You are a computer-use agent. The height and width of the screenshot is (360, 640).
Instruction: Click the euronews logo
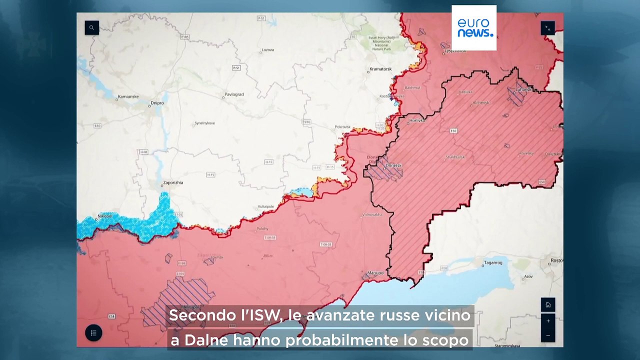[x=474, y=28]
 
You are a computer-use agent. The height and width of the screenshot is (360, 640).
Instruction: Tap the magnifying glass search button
[x=91, y=28]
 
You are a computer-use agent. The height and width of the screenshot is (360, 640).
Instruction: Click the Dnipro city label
[x=157, y=103]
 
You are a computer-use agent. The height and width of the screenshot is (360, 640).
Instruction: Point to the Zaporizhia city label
[x=173, y=182]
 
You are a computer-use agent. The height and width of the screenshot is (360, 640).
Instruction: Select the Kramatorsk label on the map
[x=380, y=68]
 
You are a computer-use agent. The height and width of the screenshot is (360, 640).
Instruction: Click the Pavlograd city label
[x=234, y=94]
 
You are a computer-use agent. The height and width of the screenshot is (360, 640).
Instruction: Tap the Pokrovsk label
[x=343, y=127]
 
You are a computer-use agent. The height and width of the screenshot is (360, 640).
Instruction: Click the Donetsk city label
[x=394, y=165]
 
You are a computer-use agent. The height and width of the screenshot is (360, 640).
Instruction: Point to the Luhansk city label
[x=524, y=89]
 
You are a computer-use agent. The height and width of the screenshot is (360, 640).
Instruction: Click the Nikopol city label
[x=105, y=215]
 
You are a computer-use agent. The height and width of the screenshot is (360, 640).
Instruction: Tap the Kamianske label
[x=128, y=96]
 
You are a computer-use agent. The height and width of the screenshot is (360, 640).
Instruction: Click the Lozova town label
[x=268, y=50]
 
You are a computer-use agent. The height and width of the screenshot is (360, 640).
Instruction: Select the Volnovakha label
[x=372, y=214]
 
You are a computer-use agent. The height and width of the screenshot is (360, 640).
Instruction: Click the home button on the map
[x=548, y=304]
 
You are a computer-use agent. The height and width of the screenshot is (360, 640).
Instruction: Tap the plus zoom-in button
[x=548, y=321]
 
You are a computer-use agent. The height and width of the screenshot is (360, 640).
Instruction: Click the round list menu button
[x=93, y=333]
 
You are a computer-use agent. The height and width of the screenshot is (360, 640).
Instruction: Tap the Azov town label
[x=528, y=276]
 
